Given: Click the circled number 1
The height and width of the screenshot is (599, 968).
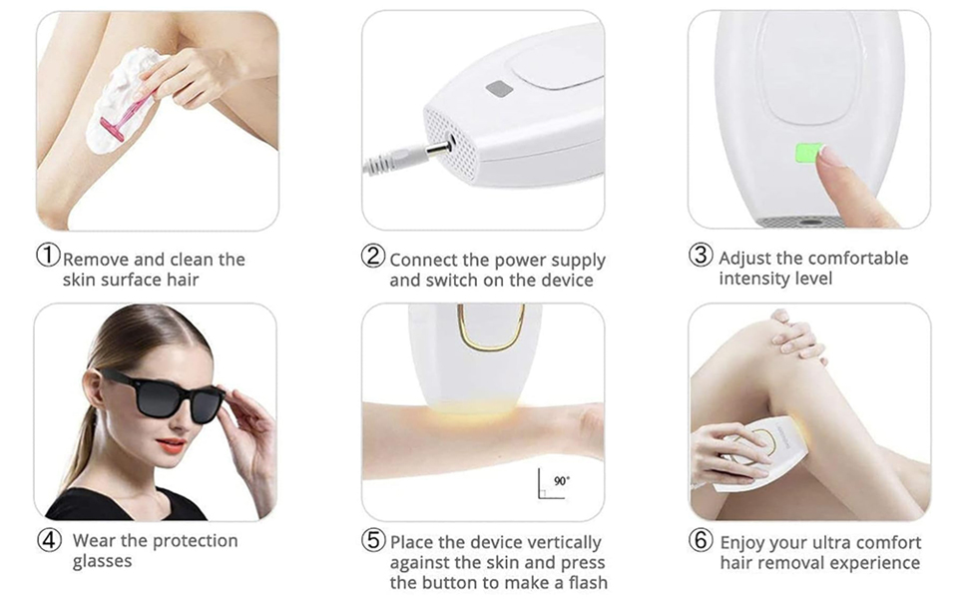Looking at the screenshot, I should tap(49, 257).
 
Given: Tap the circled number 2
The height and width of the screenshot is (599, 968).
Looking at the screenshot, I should tap(373, 257).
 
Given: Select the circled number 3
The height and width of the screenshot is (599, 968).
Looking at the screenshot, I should tap(702, 256).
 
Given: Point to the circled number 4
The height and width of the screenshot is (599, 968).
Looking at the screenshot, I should tap(49, 540).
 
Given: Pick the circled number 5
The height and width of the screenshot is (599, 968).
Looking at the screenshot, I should tap(373, 540).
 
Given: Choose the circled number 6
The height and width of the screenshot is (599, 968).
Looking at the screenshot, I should tap(702, 540).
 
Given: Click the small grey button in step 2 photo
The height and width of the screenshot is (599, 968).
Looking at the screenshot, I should tap(499, 89).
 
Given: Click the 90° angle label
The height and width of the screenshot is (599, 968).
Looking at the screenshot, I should tap(562, 481).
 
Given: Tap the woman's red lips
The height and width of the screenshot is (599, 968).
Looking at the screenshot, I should tap(170, 445).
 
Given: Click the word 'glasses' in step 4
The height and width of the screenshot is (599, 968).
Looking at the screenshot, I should tap(102, 562).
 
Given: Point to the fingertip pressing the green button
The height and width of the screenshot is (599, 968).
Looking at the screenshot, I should tap(827, 158).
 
